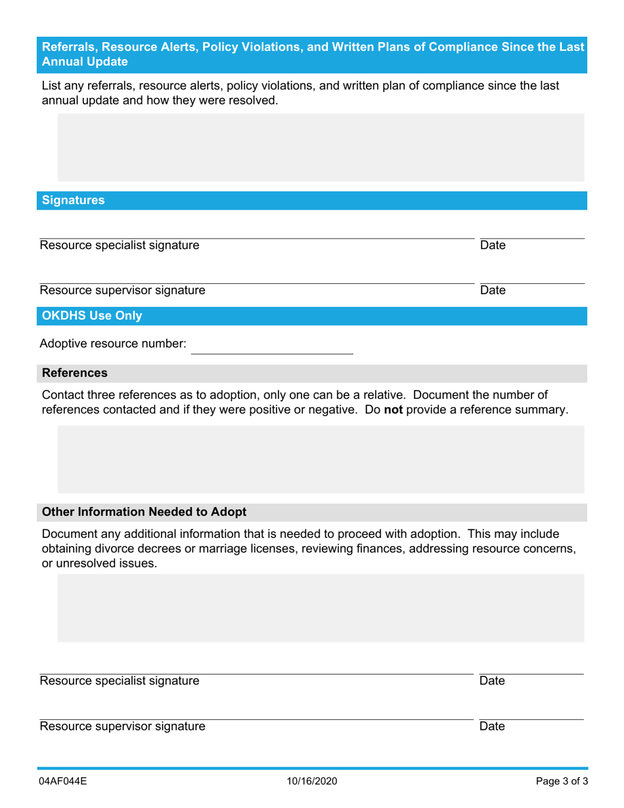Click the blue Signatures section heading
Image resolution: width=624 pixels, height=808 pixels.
coord(73,201)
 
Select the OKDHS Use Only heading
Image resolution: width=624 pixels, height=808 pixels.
coord(91,316)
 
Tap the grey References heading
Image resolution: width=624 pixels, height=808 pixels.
coord(74,373)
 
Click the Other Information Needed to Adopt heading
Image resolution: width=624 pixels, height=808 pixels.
coord(144,512)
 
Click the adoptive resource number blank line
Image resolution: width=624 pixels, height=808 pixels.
coord(271,348)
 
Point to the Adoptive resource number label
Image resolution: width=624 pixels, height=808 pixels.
coord(113,344)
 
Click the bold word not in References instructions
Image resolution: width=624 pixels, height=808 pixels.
coord(393,410)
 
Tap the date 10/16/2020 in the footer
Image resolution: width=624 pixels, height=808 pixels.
coord(312,781)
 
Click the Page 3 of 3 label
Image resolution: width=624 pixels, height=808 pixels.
coord(562,781)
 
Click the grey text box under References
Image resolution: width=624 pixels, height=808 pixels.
coord(321,459)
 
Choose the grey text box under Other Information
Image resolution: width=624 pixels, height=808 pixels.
coord(321,608)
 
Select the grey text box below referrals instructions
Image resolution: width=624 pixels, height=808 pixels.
coord(321,147)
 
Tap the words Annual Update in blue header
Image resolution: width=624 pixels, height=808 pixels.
coord(85,62)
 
